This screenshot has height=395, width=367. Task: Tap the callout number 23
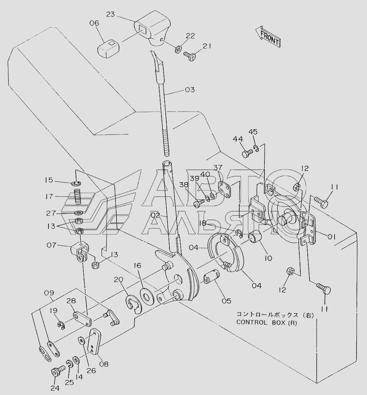pyautogui.click(x=110, y=14)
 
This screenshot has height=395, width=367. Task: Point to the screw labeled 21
pyautogui.click(x=189, y=56)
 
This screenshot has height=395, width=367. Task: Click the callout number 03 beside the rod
pyautogui.click(x=190, y=90)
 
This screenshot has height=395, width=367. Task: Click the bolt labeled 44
pyautogui.click(x=247, y=153)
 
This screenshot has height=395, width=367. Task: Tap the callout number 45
pyautogui.click(x=253, y=132)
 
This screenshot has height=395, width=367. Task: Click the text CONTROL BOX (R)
pyautogui.click(x=267, y=323)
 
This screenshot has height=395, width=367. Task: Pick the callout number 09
pyautogui.click(x=49, y=293)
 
